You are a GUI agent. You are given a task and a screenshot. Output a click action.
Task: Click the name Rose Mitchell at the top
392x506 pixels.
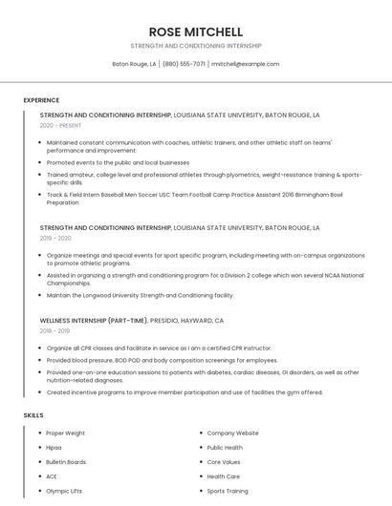click(x=196, y=32)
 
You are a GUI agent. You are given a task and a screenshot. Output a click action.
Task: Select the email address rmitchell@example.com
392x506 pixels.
click(x=246, y=64)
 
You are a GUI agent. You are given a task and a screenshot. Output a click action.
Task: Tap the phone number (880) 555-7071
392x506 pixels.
click(x=184, y=64)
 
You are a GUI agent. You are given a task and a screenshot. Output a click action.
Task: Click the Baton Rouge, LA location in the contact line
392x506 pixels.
click(x=134, y=64)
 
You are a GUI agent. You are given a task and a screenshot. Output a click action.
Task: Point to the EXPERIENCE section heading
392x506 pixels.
click(x=41, y=100)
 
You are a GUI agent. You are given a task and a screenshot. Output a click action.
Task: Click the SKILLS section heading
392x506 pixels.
click(x=33, y=415)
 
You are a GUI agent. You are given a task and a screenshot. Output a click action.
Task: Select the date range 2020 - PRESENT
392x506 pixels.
click(x=60, y=125)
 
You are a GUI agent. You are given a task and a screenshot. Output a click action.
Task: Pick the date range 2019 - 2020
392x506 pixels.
click(x=55, y=239)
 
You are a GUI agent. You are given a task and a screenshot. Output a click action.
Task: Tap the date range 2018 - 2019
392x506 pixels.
click(x=54, y=330)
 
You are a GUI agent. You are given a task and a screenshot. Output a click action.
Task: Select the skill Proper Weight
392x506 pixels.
click(x=66, y=433)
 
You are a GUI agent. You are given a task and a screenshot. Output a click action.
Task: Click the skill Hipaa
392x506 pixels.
click(x=54, y=448)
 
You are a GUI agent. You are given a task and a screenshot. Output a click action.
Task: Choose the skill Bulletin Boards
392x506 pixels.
click(x=66, y=462)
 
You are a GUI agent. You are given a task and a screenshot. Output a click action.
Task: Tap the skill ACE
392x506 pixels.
click(x=52, y=476)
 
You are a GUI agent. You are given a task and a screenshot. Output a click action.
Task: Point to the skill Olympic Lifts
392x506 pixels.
click(x=64, y=491)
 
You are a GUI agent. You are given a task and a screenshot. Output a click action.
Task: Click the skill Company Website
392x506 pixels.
click(x=232, y=433)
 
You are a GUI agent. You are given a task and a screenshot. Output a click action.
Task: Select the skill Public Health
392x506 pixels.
click(x=225, y=448)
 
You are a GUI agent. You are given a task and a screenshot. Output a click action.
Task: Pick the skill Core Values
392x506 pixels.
click(x=224, y=462)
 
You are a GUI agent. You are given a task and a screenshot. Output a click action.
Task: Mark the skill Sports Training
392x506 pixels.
click(x=228, y=491)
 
